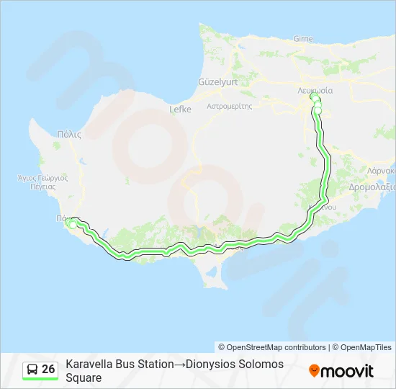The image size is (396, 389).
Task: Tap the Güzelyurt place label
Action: [217, 82]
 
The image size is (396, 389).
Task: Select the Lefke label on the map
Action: [180, 109]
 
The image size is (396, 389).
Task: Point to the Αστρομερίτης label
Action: [229, 105]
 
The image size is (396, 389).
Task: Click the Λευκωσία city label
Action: [315, 91]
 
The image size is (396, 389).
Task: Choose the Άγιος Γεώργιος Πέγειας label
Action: [42, 181]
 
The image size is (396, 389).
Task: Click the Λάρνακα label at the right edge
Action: [381, 171]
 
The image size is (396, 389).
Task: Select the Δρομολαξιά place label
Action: [372, 187]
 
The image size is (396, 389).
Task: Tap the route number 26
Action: [49, 370]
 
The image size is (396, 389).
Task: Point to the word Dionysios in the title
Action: [216, 365]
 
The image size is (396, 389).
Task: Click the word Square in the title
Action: [84, 377]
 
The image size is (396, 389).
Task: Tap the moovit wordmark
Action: [347, 371]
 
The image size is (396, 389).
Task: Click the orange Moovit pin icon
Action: [314, 371]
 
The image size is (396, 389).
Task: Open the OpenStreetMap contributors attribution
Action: [276, 347]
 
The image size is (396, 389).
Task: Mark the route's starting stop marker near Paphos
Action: [71, 224]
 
